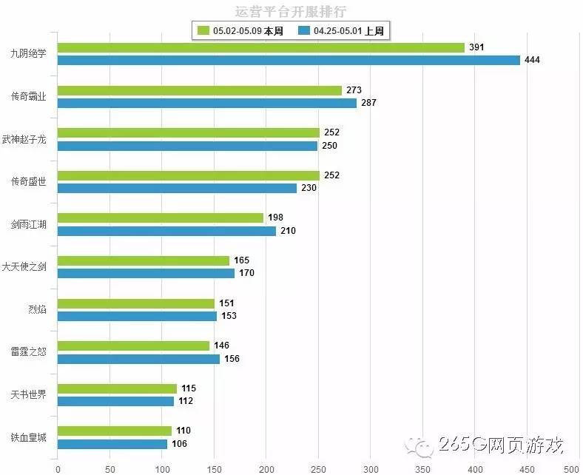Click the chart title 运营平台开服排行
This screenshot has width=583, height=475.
[x=291, y=12]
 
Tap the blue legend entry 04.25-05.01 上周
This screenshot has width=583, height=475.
[x=343, y=30]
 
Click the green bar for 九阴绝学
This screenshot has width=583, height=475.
[x=260, y=47]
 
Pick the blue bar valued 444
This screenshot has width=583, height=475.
[x=289, y=60]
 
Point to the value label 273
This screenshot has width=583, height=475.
[x=354, y=90]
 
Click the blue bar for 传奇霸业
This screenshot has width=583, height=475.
[x=206, y=103]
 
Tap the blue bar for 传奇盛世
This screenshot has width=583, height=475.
[x=177, y=188]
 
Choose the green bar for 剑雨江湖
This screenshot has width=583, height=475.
[x=160, y=218]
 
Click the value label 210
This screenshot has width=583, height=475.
[x=288, y=231]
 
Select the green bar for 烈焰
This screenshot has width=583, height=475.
[x=135, y=303]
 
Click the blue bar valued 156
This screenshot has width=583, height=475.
[x=138, y=359]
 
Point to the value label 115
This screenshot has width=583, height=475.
[x=189, y=388]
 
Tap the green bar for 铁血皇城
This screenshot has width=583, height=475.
[x=114, y=431]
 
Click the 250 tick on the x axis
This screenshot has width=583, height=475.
[x=318, y=468]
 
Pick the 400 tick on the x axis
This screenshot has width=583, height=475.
[x=474, y=468]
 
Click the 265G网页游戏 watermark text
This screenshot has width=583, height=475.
[x=501, y=445]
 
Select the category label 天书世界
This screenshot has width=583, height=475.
[x=29, y=394]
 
